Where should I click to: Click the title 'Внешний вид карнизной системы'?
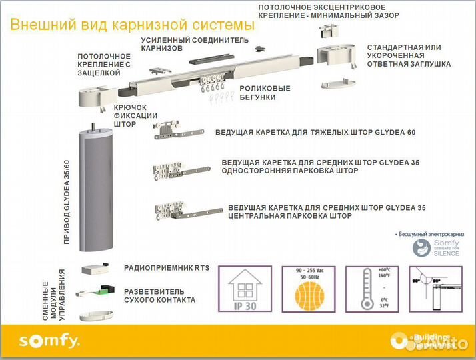click(x=133, y=25)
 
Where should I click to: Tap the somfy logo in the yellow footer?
click(x=49, y=341)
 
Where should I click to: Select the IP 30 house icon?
click(x=243, y=289)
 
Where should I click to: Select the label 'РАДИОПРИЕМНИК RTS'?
click(x=167, y=268)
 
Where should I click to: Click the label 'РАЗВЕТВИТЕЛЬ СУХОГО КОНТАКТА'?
click(x=160, y=296)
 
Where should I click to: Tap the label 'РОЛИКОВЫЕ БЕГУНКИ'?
click(x=265, y=93)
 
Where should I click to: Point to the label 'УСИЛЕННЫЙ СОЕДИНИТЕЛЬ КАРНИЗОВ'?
click(x=194, y=44)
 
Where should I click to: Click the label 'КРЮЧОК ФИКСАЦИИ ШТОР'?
click(x=135, y=115)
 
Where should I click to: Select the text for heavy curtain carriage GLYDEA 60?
click(x=315, y=132)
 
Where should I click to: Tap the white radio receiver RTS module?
click(x=96, y=269)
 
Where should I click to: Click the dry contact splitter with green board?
click(x=96, y=293)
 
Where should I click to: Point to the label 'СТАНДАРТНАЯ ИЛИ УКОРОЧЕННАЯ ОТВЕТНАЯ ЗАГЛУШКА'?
click(x=408, y=56)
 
